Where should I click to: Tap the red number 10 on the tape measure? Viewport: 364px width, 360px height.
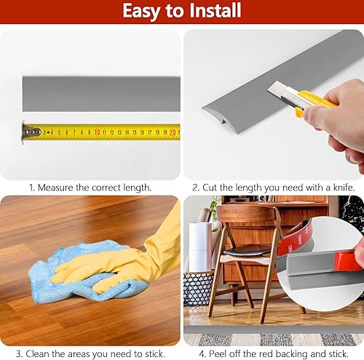tap(97, 132)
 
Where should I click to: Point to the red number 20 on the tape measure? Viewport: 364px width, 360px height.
tap(172, 132)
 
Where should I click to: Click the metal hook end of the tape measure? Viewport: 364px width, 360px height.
tap(30, 132)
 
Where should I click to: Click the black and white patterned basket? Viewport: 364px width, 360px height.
tap(197, 288)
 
